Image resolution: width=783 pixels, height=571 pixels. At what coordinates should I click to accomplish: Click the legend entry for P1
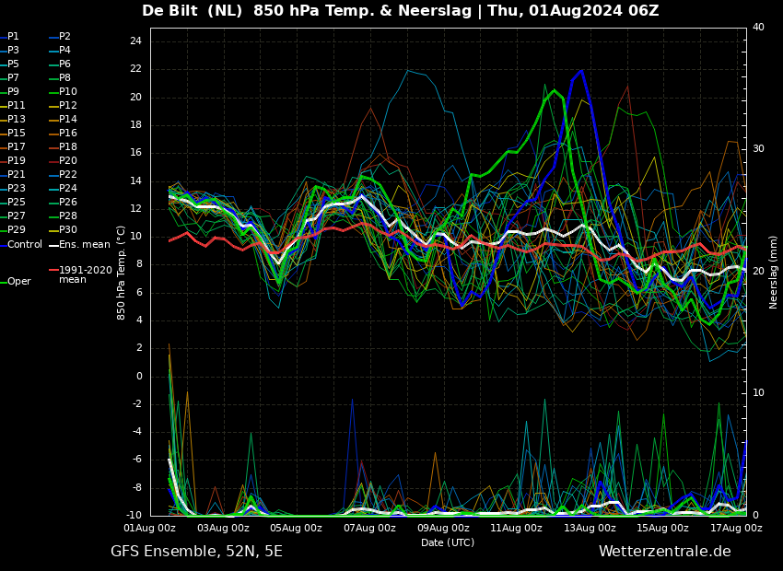(x=13, y=37)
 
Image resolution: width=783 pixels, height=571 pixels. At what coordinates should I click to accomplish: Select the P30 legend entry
(x=67, y=230)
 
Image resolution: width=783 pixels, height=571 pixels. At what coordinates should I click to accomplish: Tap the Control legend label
(x=25, y=244)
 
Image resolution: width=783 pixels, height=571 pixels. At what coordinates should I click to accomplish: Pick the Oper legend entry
(x=18, y=282)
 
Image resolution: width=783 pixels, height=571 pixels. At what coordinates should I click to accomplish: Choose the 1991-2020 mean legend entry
(x=85, y=274)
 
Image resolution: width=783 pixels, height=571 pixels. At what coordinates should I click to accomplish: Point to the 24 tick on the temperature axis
(x=134, y=41)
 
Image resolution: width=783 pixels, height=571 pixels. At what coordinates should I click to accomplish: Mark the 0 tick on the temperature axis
(x=138, y=376)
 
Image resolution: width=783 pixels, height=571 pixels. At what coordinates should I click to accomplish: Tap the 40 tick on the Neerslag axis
(x=758, y=28)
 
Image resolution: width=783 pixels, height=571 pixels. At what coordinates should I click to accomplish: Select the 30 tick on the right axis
(x=758, y=148)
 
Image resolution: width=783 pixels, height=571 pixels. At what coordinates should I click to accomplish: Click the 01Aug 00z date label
(x=150, y=529)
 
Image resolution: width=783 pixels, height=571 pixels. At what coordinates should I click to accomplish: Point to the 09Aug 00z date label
(x=443, y=529)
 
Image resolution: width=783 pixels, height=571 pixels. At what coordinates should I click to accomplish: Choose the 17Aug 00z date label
(x=736, y=529)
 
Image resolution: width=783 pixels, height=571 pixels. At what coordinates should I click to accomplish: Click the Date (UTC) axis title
(x=448, y=542)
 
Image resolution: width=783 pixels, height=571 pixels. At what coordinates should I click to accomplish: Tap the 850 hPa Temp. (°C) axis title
(x=122, y=272)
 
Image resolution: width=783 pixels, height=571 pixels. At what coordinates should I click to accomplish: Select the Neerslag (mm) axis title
(x=774, y=272)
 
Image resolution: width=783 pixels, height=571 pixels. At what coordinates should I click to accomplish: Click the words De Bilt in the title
(x=173, y=11)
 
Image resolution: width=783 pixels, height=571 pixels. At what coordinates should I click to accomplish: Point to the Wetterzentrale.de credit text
(x=664, y=552)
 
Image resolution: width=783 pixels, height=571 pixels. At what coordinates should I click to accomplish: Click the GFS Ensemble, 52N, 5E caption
(x=196, y=552)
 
